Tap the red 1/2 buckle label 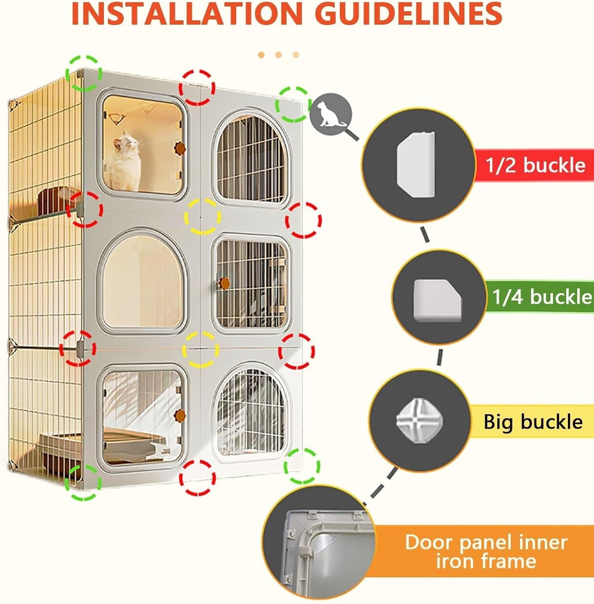535,165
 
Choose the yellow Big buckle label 533,422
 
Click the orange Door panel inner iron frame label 486,551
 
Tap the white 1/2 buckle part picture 416,165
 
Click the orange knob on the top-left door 178,148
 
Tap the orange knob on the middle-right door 224,282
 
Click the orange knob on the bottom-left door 180,414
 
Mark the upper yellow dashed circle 202,216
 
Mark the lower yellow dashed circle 201,350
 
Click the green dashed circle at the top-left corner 84,73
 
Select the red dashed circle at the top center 197,87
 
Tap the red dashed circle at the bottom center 197,478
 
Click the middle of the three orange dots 278,55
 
